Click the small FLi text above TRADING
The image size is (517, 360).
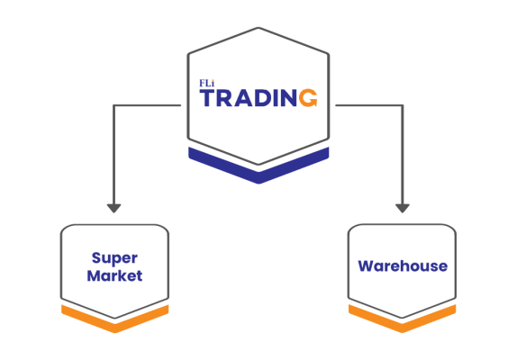click(x=207, y=84)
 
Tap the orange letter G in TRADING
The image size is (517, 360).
click(x=308, y=98)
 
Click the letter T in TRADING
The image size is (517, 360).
click(x=208, y=98)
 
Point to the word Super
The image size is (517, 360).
click(x=114, y=258)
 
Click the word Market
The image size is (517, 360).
click(x=114, y=275)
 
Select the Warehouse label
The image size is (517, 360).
click(x=403, y=266)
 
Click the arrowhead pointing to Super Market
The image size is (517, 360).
click(x=113, y=209)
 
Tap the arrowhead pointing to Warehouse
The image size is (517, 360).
click(x=403, y=209)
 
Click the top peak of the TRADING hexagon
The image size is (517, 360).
click(x=258, y=28)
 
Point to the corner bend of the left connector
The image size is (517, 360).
click(x=113, y=105)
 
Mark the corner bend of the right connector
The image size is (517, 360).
click(x=403, y=105)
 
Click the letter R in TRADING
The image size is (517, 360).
click(x=225, y=98)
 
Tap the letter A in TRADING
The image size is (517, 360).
click(x=243, y=98)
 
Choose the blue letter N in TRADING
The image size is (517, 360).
click(x=289, y=98)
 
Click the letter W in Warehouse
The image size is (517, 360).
click(x=366, y=266)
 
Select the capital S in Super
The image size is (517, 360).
click(x=96, y=258)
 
